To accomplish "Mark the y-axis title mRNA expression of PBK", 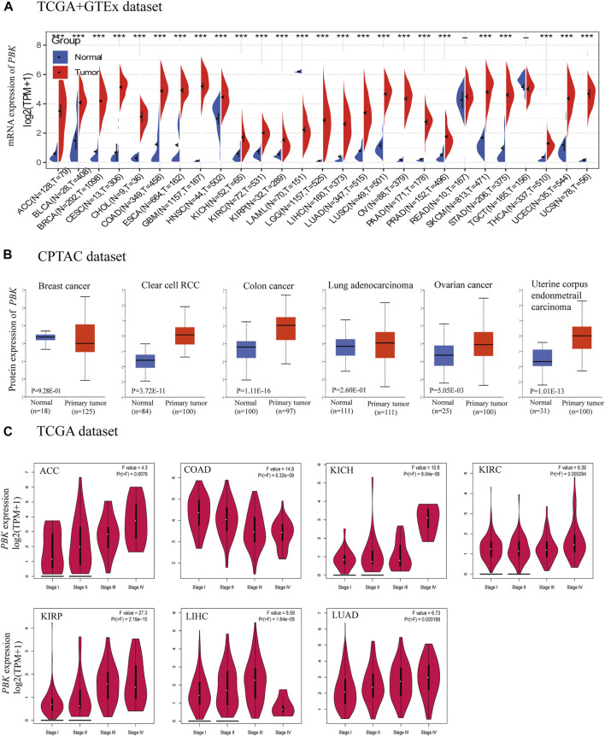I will click(11, 99).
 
